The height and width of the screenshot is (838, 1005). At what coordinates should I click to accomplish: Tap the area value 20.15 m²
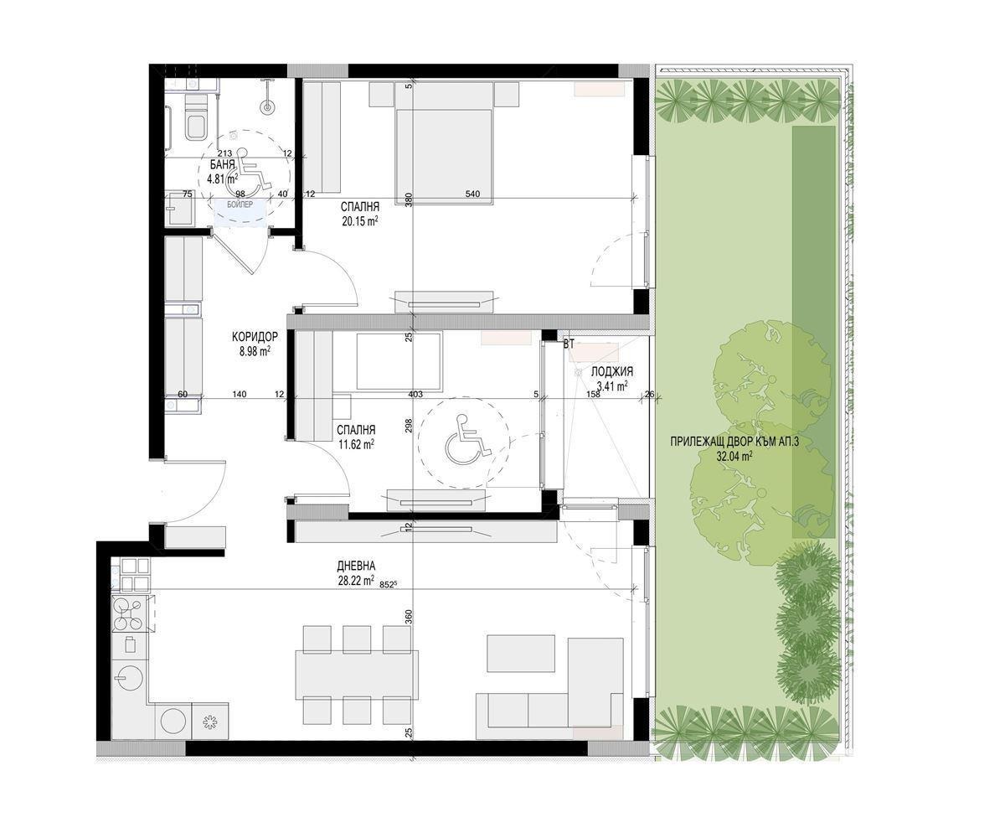point(359,221)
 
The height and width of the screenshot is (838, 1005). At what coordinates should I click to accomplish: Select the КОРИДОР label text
point(255,337)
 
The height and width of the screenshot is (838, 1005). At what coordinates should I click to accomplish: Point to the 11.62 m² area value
point(355,444)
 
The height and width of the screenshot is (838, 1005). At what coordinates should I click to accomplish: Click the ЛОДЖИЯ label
point(611,372)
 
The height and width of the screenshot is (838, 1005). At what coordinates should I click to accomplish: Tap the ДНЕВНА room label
point(358,566)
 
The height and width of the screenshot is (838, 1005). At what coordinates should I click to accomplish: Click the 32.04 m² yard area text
point(734,457)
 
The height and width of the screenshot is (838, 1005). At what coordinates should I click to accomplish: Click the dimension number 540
point(473,194)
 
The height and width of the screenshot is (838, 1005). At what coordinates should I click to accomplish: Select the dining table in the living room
point(356,674)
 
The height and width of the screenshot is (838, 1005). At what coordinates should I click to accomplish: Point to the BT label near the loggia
point(569,344)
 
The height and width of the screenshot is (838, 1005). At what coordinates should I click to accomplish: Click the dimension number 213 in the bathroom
point(224,153)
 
